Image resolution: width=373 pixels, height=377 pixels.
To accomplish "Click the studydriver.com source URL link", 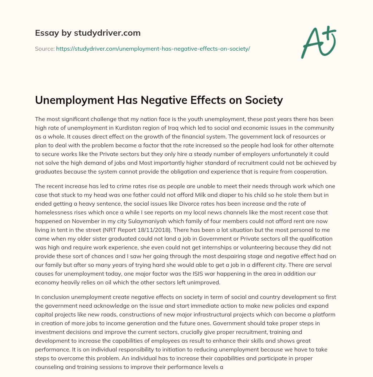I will [x=153, y=48].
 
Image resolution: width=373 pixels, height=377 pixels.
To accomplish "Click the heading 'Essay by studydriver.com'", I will [x=88, y=33].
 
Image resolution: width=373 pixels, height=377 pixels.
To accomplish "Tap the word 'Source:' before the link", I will [x=44, y=48].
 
